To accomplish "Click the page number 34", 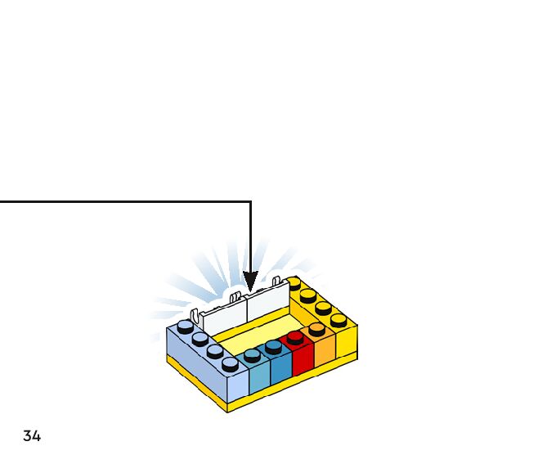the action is coord(32,436).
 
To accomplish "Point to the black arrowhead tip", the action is coord(250,291).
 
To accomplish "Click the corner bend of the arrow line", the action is coord(250,201).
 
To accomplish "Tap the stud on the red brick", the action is coord(296,336).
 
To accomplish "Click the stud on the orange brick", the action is coord(317,328).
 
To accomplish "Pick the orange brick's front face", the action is coord(325,350).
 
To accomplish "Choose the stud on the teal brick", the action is coord(253,356).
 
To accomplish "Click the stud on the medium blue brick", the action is coord(274,346).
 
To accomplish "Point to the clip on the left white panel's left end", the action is coord(196,315).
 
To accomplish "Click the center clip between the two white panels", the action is coord(236,296).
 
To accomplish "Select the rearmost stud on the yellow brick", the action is coord(294,284).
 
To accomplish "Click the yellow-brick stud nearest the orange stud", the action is coord(338,319).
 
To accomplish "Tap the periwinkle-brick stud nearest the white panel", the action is coord(186,326).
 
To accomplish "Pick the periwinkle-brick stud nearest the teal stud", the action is coord(230,363).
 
